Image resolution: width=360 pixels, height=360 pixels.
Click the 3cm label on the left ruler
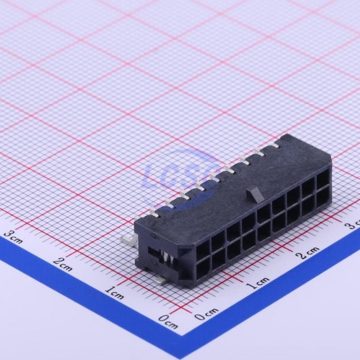click(13, 237)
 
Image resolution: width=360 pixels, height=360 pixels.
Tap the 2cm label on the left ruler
click(63, 264)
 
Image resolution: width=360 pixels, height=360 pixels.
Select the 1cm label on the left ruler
click(115, 293)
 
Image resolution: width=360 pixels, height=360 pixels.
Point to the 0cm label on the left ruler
click(168, 321)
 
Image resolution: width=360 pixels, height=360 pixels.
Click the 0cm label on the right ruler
click(206, 314)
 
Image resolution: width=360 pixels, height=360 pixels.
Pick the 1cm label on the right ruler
click(258, 283)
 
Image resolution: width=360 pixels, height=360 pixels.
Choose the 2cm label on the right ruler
click(308, 253)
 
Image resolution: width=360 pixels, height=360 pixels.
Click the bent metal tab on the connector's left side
click(128, 242)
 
